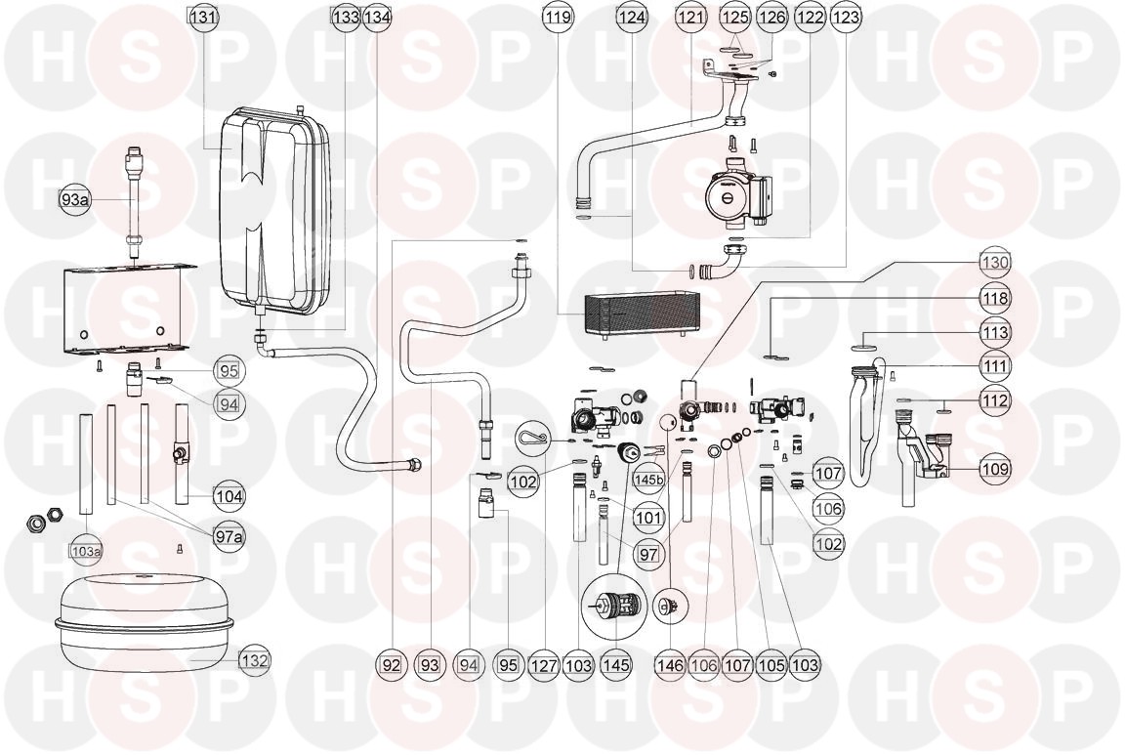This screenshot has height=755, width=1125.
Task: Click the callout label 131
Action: click(x=203, y=18)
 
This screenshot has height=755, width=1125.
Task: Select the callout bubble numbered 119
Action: click(x=559, y=18)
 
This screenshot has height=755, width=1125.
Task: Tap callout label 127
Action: click(x=544, y=665)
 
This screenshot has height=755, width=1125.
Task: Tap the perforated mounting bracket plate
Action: click(x=124, y=308)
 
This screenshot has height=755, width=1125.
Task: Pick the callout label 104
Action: click(x=229, y=496)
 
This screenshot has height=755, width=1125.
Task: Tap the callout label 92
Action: click(x=392, y=665)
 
